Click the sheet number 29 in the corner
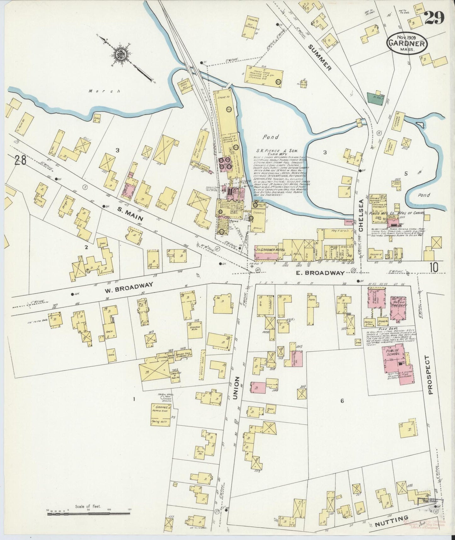pyautogui.click(x=434, y=18)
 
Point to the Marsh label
pyautogui.click(x=100, y=91)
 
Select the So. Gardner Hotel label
pyautogui.click(x=270, y=250)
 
